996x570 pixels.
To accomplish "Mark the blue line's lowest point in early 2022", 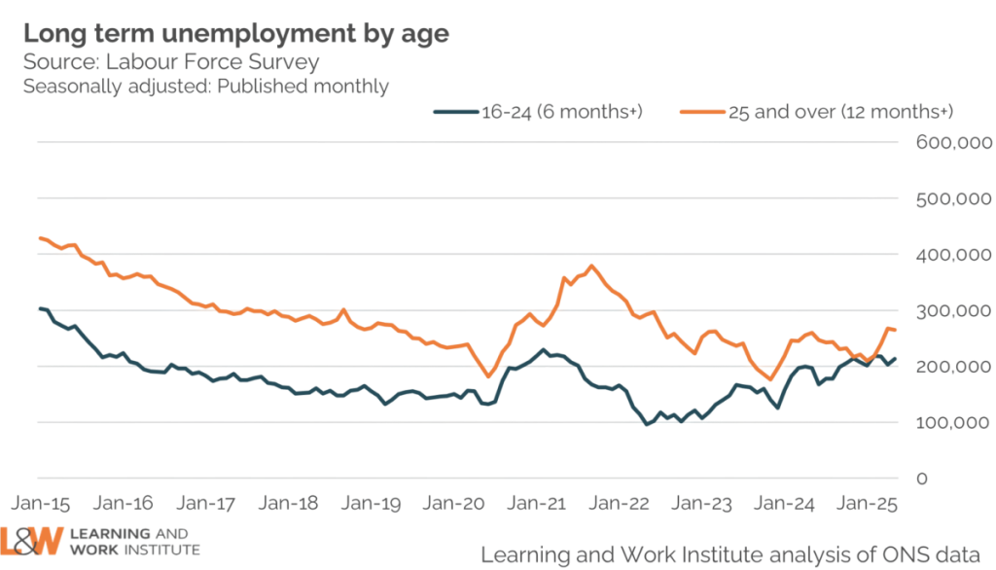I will [x=648, y=425].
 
